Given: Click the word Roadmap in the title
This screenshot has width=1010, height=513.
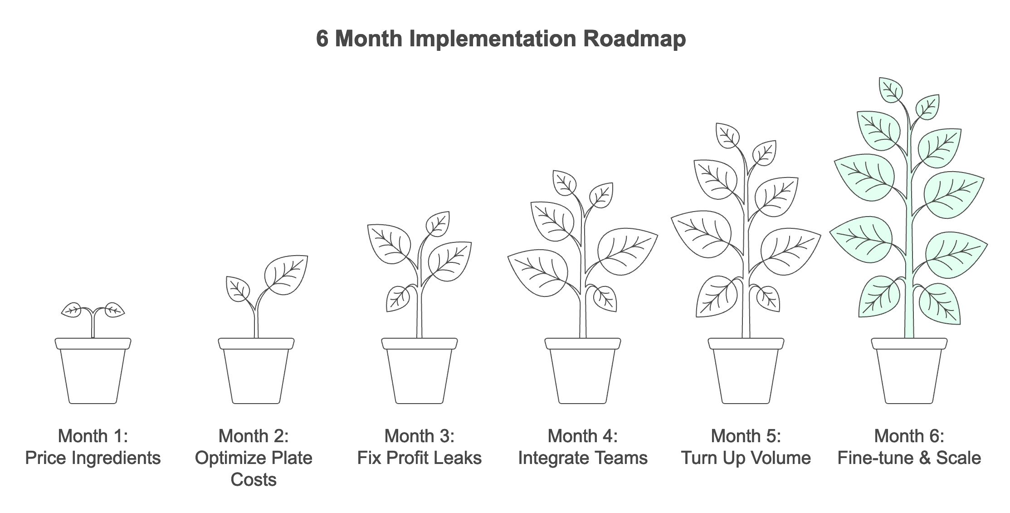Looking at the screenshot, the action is [x=634, y=39].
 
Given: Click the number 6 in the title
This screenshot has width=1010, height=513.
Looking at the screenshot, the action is [x=322, y=39].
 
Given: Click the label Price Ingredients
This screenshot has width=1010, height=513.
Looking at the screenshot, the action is [x=93, y=458].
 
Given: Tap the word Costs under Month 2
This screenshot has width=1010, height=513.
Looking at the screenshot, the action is [x=254, y=479].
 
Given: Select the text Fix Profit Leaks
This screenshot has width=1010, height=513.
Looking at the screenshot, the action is [x=420, y=458].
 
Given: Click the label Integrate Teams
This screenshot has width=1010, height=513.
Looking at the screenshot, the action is [x=583, y=458].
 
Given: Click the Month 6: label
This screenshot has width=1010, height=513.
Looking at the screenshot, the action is [x=909, y=436].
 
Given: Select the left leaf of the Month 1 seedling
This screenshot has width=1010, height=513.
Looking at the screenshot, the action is [x=72, y=310].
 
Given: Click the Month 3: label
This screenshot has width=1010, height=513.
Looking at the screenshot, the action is [x=420, y=436].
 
